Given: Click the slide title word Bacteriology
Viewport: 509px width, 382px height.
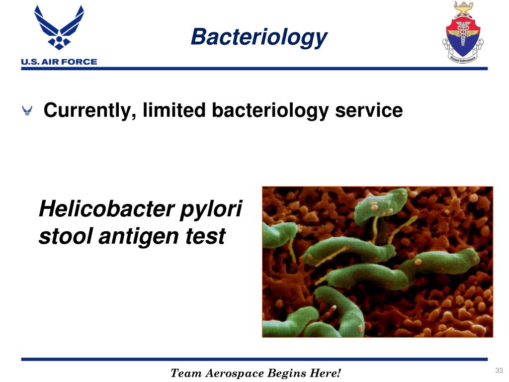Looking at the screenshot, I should click(x=258, y=37).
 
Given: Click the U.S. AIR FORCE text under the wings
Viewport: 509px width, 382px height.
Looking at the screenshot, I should click(x=59, y=62).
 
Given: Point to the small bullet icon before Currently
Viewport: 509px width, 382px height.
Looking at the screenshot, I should click(x=28, y=111).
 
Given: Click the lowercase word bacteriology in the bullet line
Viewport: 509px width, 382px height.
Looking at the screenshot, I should click(x=270, y=110).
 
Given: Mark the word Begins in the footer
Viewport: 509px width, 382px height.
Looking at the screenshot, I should click(x=285, y=373).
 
